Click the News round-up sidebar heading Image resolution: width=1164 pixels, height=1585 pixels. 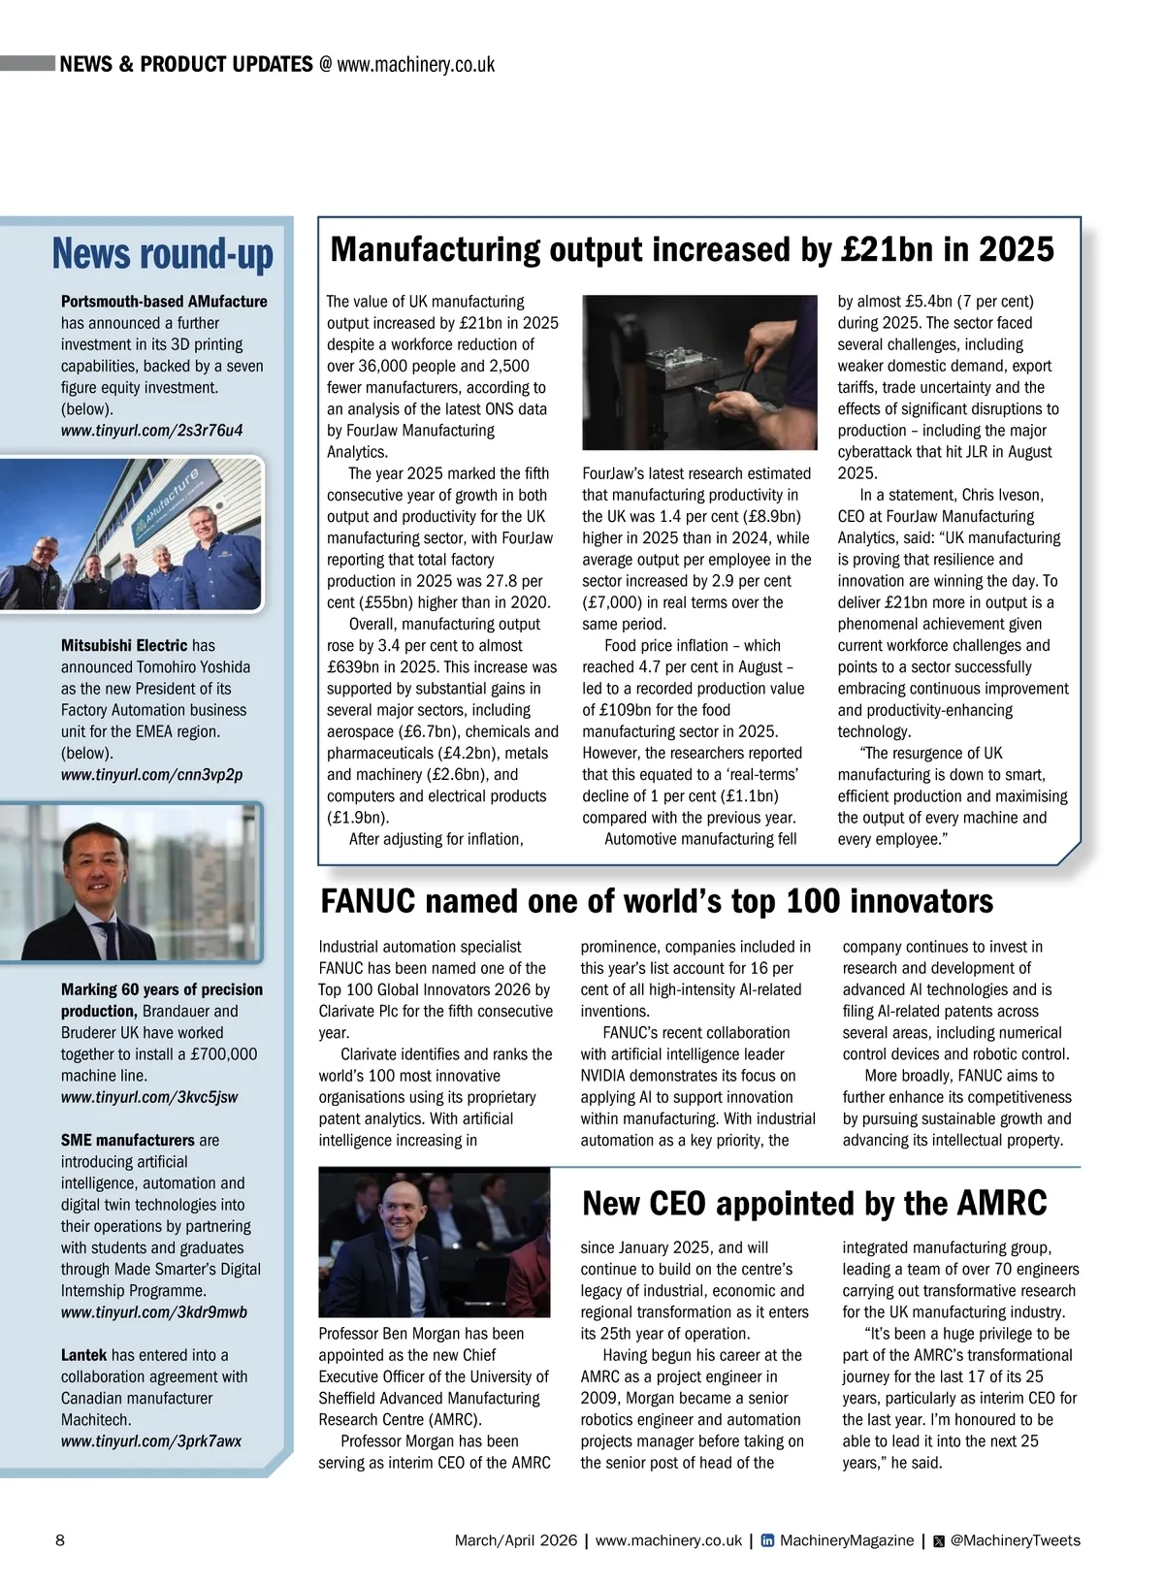(162, 254)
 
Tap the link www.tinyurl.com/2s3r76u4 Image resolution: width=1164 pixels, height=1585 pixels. (151, 430)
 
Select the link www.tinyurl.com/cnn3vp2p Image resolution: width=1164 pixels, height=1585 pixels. (151, 774)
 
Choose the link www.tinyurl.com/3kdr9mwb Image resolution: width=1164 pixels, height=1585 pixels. (153, 1312)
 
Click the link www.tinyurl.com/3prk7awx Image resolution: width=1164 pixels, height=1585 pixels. (150, 1441)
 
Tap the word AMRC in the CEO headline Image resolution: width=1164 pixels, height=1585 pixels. (1002, 1204)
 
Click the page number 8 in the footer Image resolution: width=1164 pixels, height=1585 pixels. (60, 1540)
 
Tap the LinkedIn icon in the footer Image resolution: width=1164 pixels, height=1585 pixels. (767, 1540)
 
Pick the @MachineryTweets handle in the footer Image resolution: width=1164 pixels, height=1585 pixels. (1015, 1540)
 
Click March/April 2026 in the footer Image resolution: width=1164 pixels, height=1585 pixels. (515, 1540)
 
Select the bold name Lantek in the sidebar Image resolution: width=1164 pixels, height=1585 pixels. (83, 1355)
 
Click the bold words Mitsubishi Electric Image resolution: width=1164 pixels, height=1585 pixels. (124, 645)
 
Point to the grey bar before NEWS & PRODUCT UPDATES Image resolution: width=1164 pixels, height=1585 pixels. (27, 64)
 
